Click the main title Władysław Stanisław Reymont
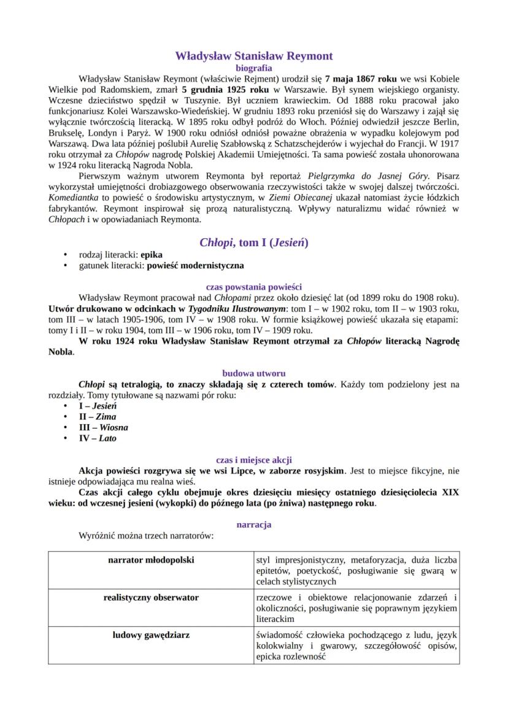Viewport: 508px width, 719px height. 254,56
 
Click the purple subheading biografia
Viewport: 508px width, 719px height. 254,68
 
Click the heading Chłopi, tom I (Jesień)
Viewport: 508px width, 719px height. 254,242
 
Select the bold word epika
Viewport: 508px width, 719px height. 152,255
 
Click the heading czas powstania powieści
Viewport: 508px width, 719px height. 254,287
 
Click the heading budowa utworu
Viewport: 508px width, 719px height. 254,373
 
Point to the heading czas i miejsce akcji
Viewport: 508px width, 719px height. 254,459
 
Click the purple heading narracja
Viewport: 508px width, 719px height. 254,524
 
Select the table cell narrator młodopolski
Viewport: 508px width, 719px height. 151,560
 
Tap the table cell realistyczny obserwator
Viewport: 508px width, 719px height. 151,597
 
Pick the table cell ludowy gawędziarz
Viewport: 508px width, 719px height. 151,634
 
